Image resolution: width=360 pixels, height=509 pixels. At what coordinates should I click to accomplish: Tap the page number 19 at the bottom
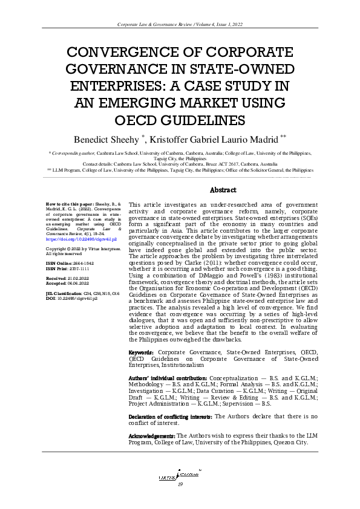(180, 485)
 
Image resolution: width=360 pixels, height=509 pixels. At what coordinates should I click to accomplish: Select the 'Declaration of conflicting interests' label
(171, 417)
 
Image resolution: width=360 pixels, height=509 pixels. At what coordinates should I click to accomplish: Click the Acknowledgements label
(152, 436)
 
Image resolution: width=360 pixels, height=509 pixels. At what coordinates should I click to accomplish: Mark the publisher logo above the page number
(179, 475)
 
